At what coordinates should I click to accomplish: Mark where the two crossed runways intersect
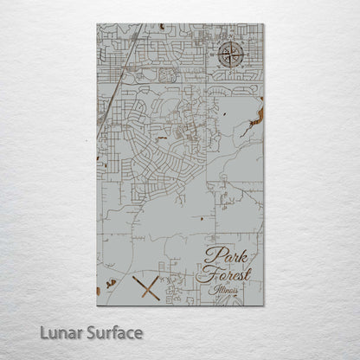point(148,288)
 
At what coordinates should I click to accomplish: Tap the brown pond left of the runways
point(111,283)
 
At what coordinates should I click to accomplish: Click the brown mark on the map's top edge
point(161,27)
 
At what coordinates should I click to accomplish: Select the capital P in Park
point(212,256)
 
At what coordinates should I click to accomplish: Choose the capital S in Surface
point(88,331)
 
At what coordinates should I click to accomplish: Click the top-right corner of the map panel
point(263,23)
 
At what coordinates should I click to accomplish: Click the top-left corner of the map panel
point(97,23)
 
